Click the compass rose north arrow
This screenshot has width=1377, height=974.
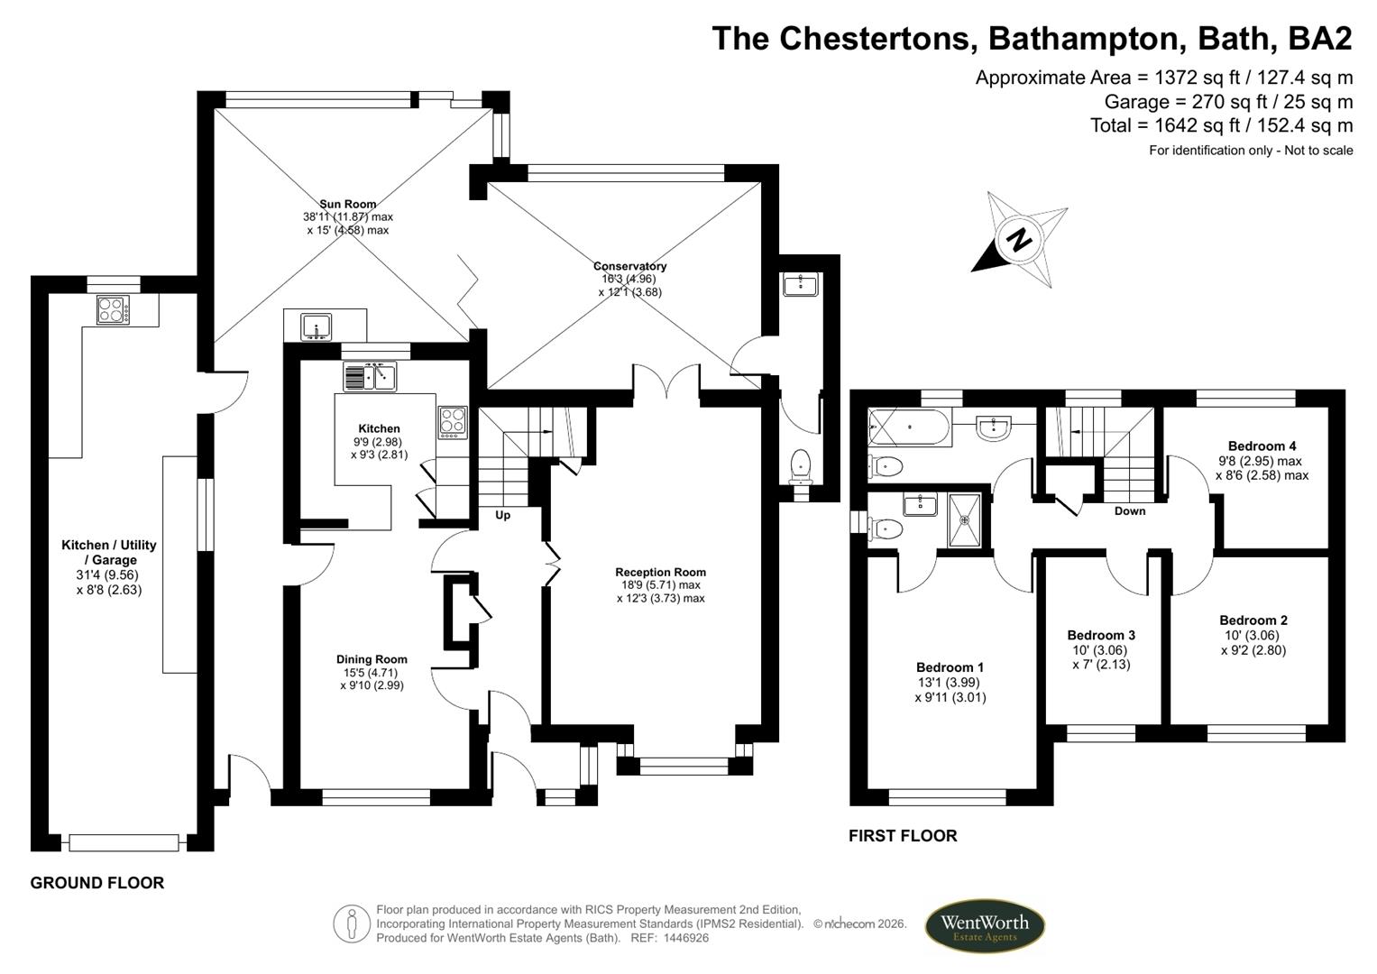pyautogui.click(x=1019, y=240)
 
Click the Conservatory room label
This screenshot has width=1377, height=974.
pyautogui.click(x=629, y=266)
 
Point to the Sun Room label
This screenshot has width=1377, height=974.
pyautogui.click(x=347, y=204)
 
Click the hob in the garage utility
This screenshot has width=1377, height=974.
pyautogui.click(x=113, y=310)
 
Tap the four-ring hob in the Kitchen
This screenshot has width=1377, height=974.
pyautogui.click(x=453, y=422)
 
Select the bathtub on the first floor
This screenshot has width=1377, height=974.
pyautogui.click(x=908, y=427)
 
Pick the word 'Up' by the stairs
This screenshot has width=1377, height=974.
pyautogui.click(x=502, y=515)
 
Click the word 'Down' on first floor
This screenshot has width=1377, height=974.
pyautogui.click(x=1129, y=510)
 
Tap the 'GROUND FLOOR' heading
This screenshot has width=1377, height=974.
pyautogui.click(x=97, y=883)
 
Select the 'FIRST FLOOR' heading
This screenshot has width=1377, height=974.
pyautogui.click(x=902, y=836)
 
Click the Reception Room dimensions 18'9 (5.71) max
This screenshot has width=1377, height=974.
pyautogui.click(x=660, y=585)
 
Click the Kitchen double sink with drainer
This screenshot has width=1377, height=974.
pyautogui.click(x=370, y=376)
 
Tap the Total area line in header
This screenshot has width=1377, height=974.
pyautogui.click(x=1221, y=125)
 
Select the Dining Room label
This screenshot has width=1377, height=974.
pyautogui.click(x=372, y=659)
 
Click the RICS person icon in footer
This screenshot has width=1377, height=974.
pyautogui.click(x=351, y=924)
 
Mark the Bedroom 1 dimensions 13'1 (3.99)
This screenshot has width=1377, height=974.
pyautogui.click(x=950, y=683)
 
